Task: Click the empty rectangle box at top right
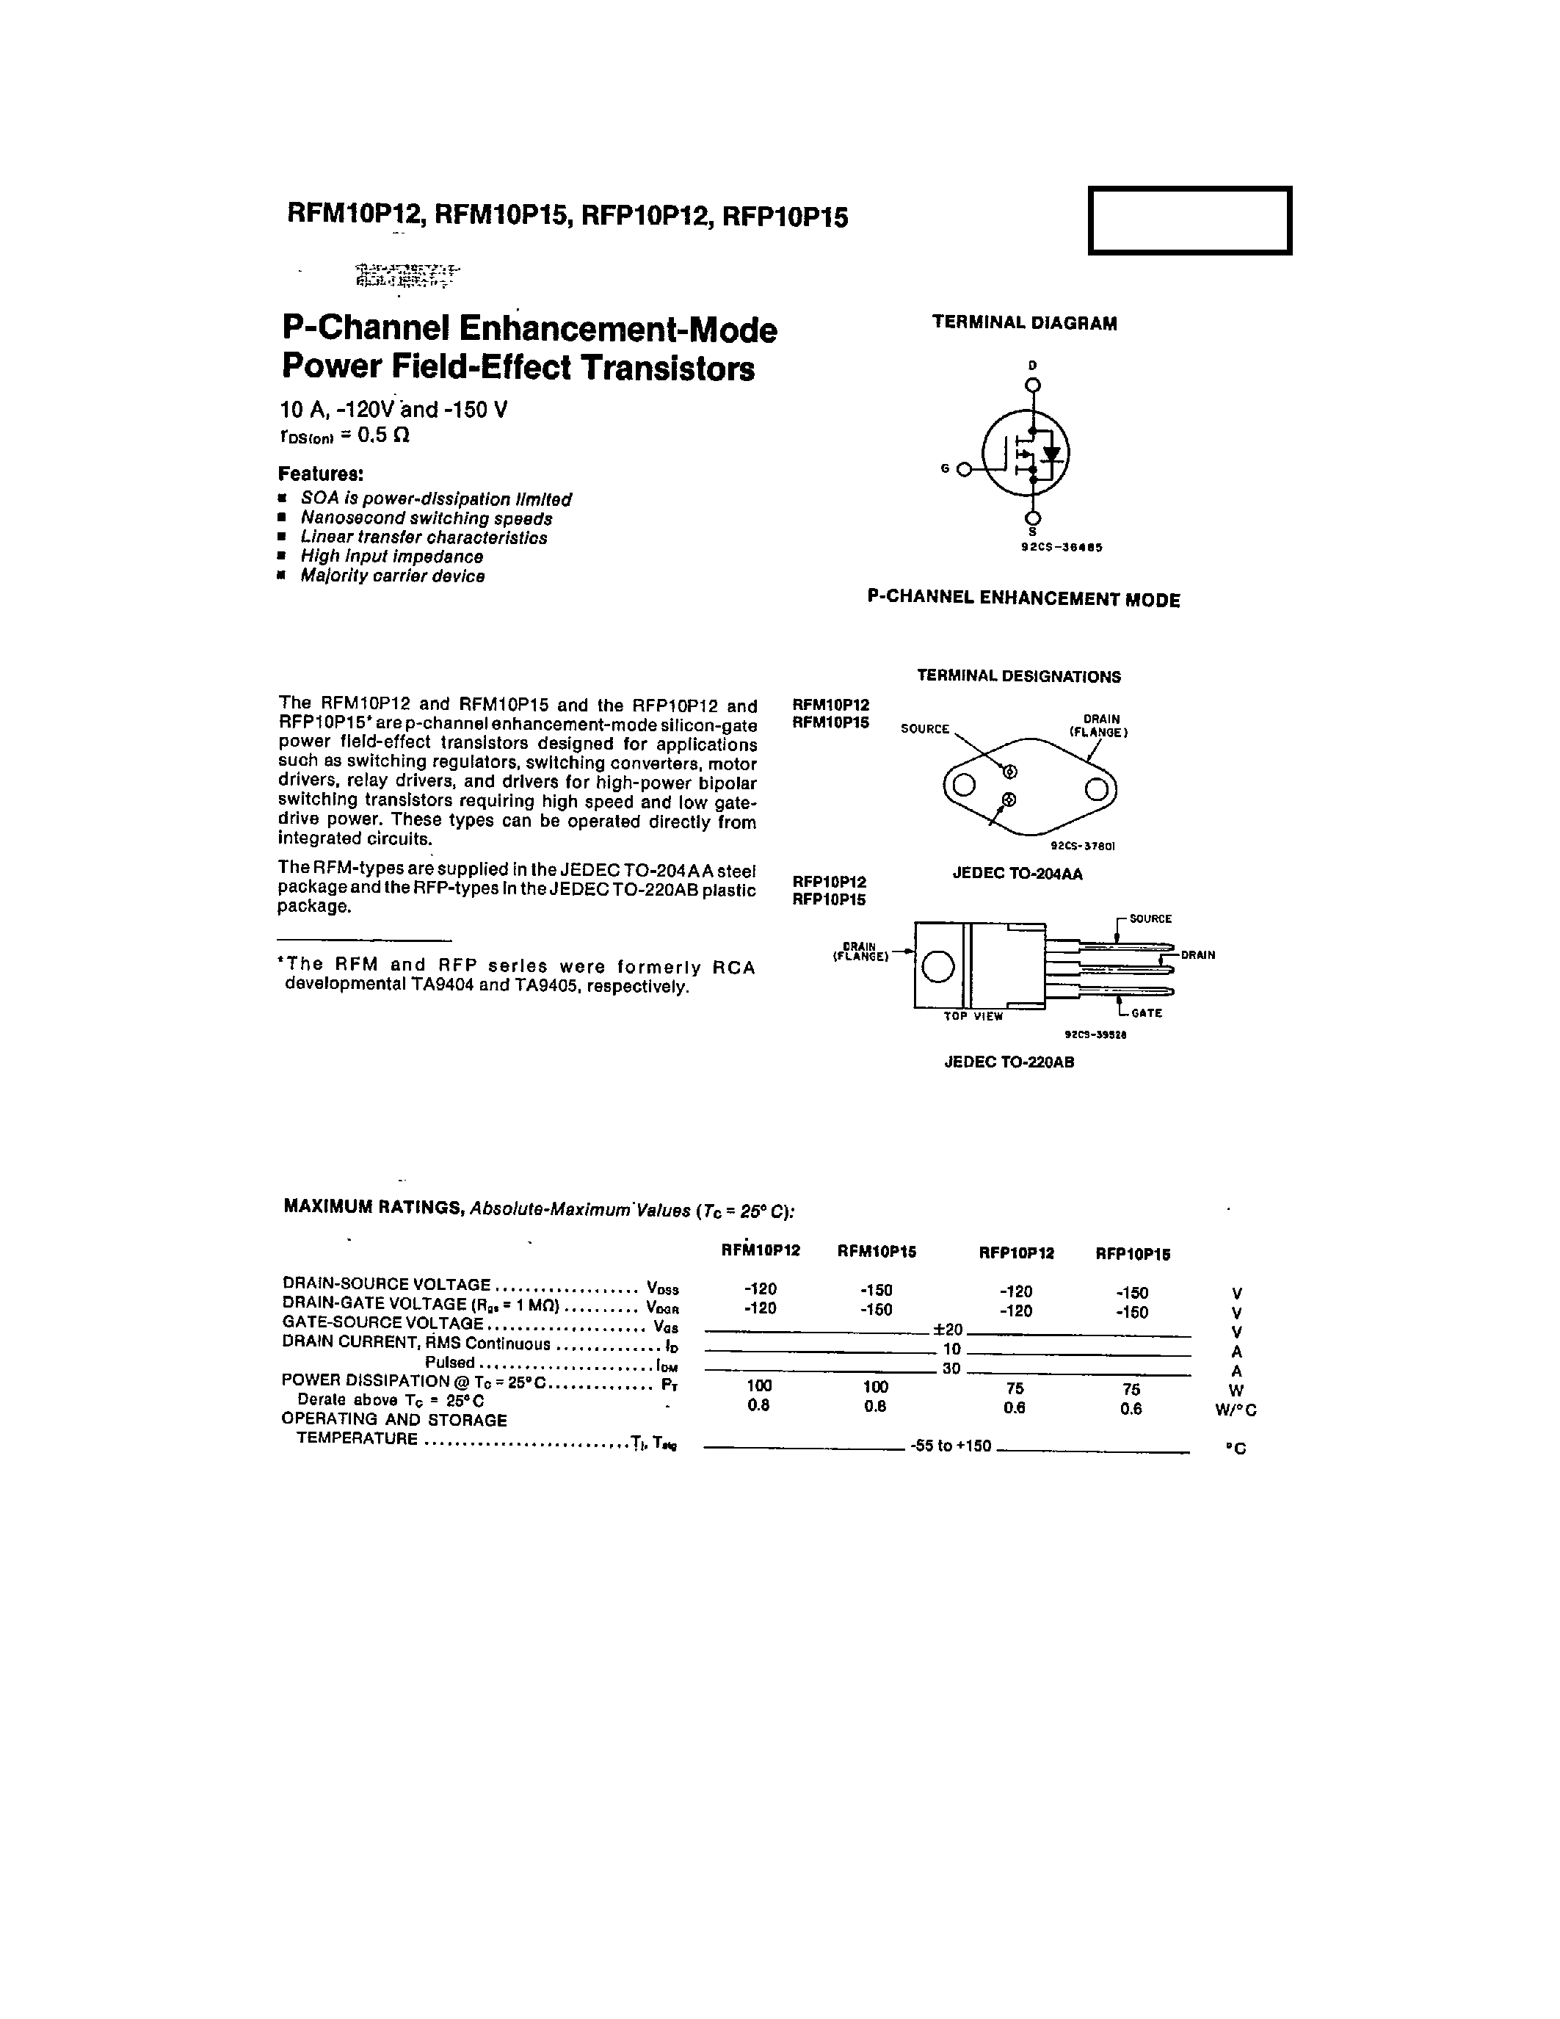tap(1189, 220)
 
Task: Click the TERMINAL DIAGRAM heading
tap(1024, 322)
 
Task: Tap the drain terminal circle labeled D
tap(1033, 385)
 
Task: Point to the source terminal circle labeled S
tap(1033, 518)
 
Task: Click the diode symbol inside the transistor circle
tap(1051, 454)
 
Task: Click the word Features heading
tap(321, 474)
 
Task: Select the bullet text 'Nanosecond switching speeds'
tap(426, 518)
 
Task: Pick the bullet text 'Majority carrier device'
tap(392, 576)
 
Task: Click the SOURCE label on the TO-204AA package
tap(924, 729)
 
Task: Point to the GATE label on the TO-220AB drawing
tap(1146, 1013)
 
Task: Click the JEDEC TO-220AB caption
tap(1008, 1062)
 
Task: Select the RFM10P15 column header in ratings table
tap(876, 1252)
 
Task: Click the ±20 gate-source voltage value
tap(949, 1330)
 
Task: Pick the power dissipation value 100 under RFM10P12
tap(759, 1385)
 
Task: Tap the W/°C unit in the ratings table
tap(1236, 1410)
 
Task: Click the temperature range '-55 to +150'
tap(950, 1446)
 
